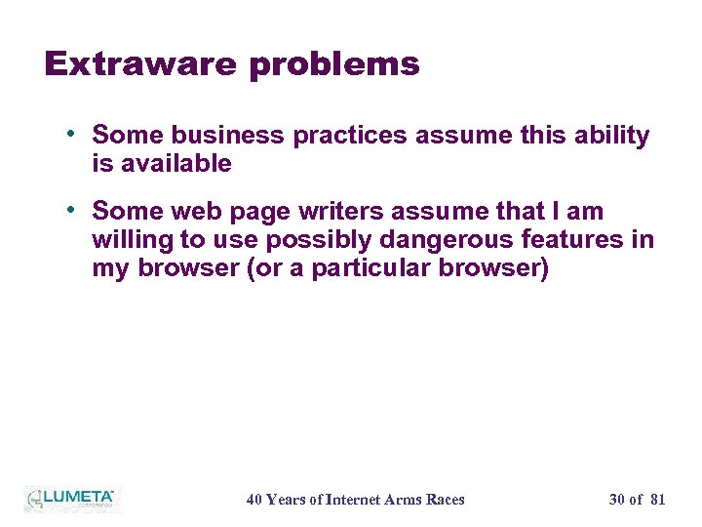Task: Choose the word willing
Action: [x=130, y=240]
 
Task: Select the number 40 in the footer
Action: [x=254, y=500]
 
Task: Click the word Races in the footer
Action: [x=444, y=500]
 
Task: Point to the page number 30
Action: [x=617, y=500]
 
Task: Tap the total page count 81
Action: [x=657, y=500]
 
